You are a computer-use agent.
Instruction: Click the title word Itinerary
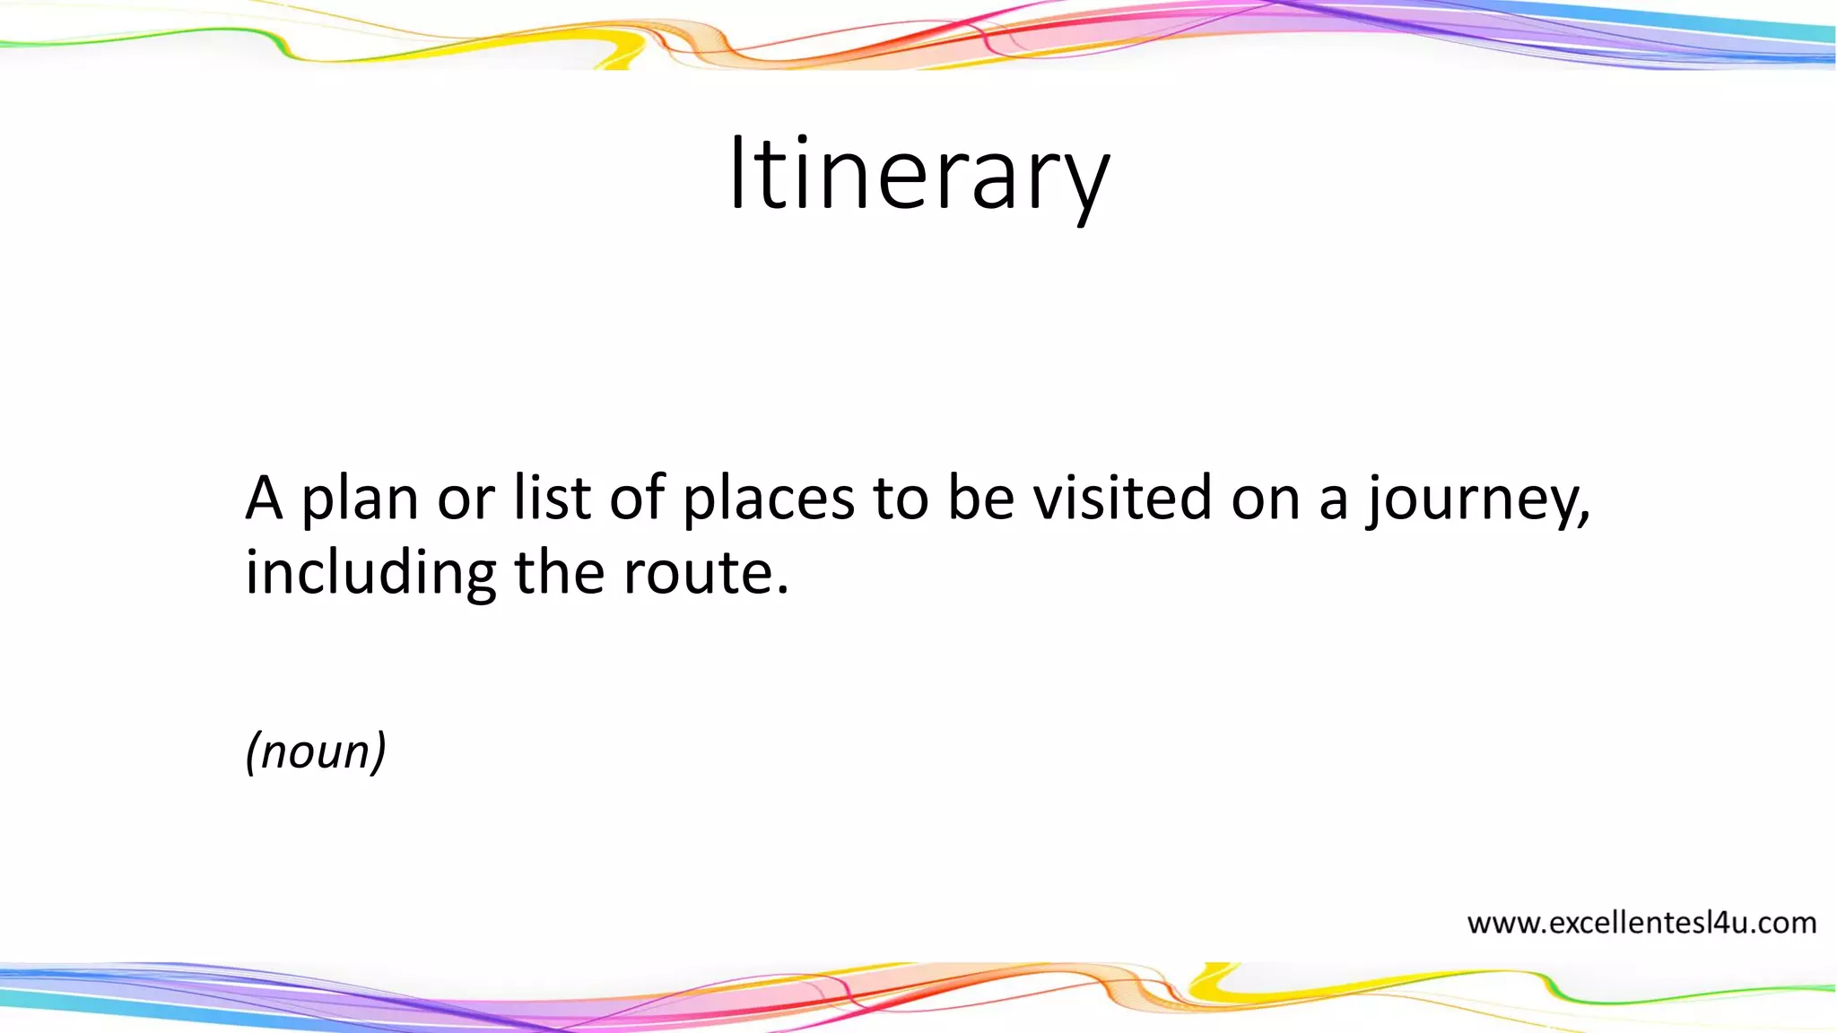point(918,175)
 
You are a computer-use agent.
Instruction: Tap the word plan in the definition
point(359,499)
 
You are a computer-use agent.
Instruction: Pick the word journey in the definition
point(1471,500)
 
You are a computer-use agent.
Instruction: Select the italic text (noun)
point(316,751)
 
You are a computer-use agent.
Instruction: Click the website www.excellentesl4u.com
point(1641,923)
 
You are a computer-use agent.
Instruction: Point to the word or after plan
point(466,500)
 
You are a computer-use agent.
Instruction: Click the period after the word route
point(783,591)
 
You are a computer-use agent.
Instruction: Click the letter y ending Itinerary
point(1086,184)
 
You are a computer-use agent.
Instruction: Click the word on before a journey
point(1265,500)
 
